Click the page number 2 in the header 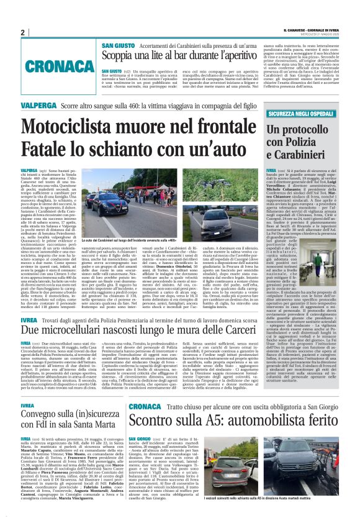click(22, 32)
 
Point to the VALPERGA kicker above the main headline click(38, 106)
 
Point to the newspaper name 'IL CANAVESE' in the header click(297, 30)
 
